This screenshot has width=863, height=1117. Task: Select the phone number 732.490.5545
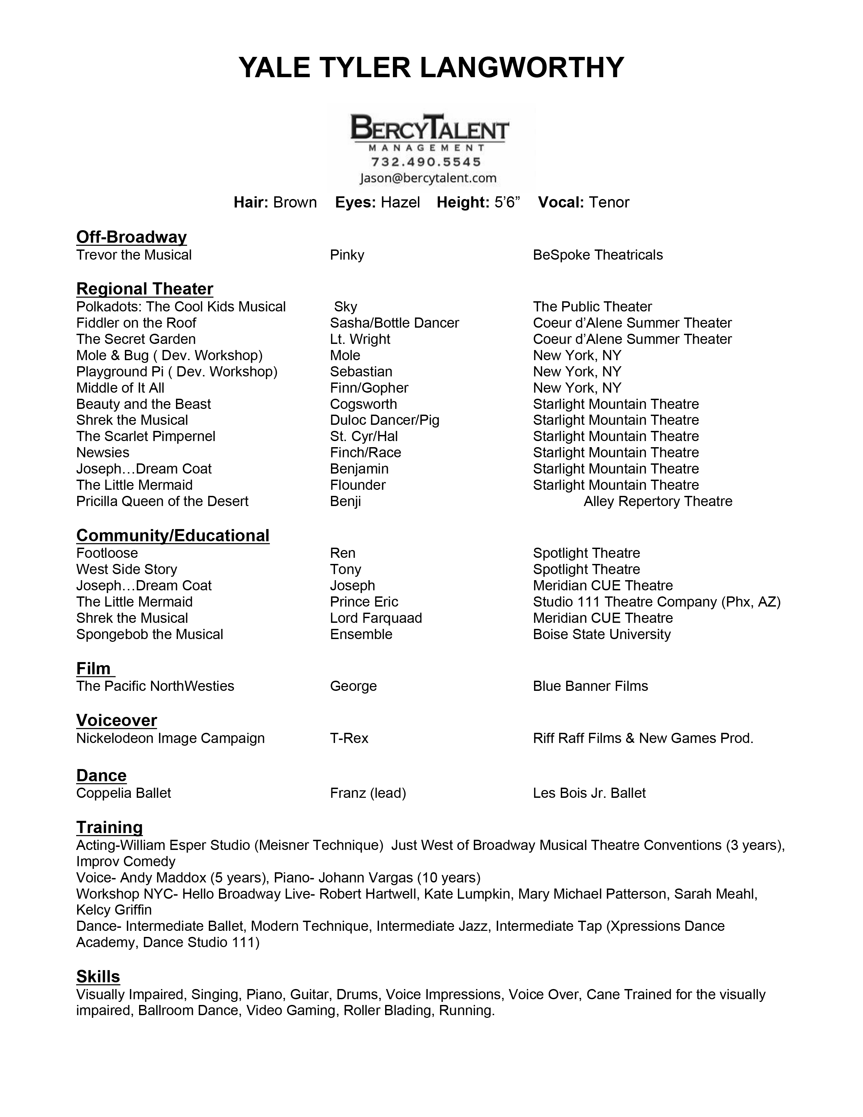click(x=426, y=162)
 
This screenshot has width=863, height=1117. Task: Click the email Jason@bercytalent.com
click(x=428, y=178)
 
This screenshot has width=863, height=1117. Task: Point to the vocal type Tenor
click(x=608, y=202)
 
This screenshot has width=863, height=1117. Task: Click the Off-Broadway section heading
click(x=131, y=237)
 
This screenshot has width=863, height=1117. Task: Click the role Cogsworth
click(x=363, y=404)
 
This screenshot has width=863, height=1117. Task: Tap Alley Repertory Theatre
click(x=658, y=501)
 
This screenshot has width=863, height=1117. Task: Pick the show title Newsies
click(x=103, y=453)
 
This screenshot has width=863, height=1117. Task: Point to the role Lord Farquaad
click(x=376, y=618)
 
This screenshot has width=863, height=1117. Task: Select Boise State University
click(x=601, y=635)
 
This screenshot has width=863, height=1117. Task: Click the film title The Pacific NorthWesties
click(x=155, y=686)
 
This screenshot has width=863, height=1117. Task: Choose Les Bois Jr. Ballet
click(x=589, y=793)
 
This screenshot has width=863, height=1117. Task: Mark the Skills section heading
click(x=98, y=976)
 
